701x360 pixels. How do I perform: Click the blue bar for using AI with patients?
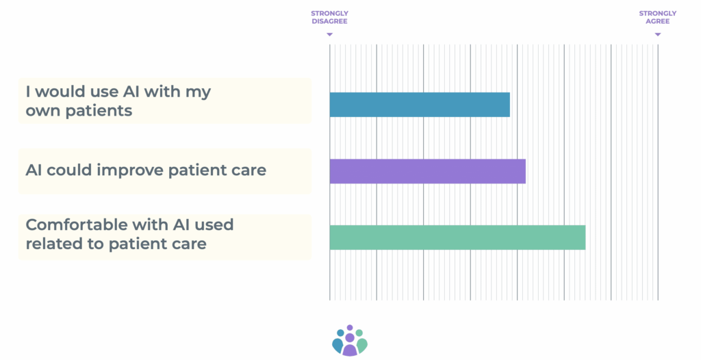tap(420, 105)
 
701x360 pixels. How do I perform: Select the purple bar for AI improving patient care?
tap(428, 171)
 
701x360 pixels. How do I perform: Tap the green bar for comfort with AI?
tap(457, 237)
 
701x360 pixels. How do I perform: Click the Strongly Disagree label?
tap(329, 17)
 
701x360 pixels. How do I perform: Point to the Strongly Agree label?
tap(658, 17)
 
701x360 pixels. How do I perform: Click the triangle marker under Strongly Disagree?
tap(329, 34)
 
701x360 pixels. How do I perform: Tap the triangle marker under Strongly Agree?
tap(658, 34)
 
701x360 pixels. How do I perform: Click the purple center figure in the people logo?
tap(350, 344)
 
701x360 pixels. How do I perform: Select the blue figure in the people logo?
tap(338, 342)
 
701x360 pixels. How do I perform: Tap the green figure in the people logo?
tap(361, 342)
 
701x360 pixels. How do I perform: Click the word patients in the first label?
tap(99, 110)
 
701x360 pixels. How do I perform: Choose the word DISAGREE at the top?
tap(329, 21)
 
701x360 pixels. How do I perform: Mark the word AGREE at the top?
tap(658, 21)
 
